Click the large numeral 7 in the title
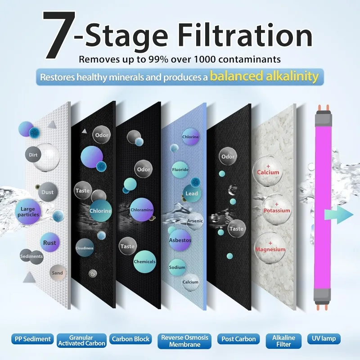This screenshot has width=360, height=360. pos(59,35)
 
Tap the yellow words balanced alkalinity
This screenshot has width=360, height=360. pos(264,76)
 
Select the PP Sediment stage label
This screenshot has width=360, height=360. pos(32,339)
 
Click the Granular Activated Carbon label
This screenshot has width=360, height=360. pos(81,341)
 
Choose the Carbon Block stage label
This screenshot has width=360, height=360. pos(130,339)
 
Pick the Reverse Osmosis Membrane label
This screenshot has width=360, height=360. pos(184,341)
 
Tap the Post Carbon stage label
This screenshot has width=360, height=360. pos(238,339)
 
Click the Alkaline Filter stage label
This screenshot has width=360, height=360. pos(283,341)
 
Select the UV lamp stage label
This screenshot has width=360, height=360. pos(324,339)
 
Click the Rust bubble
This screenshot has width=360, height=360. pos(49,243)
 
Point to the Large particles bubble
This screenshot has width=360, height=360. pos(28,211)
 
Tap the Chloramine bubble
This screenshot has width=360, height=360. pos(142,210)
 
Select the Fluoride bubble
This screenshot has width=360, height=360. pos(180,170)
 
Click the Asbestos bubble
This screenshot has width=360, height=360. pos(180,240)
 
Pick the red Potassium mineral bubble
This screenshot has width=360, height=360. pos(276,209)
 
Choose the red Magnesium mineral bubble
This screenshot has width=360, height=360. pos(270,248)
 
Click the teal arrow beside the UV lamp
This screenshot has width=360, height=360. pos(339,215)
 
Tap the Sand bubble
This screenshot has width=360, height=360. pos(57,273)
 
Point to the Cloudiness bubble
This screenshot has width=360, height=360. pos(85,248)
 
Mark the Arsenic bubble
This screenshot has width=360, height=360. pos(195,221)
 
